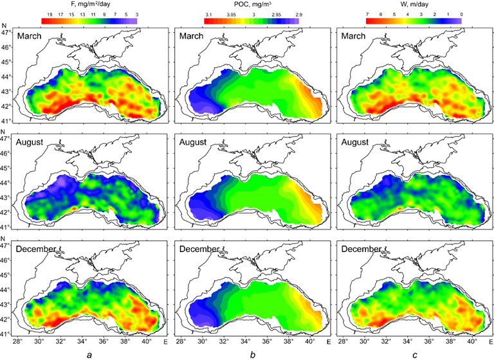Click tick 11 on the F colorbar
(93, 14)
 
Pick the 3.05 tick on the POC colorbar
(231, 14)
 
